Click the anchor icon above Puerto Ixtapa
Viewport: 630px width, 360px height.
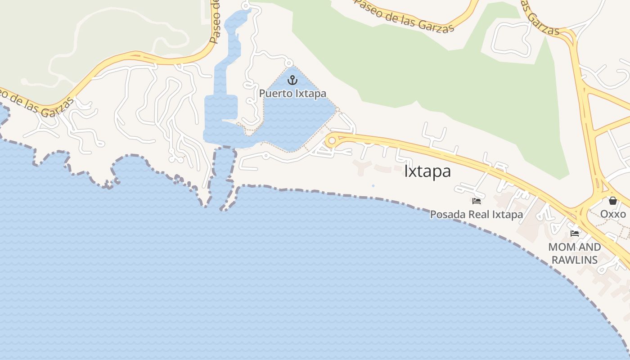[x=293, y=80]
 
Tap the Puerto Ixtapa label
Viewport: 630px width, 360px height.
[x=292, y=94]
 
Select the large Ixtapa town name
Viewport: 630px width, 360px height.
[x=427, y=171]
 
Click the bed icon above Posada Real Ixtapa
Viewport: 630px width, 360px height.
[x=477, y=201]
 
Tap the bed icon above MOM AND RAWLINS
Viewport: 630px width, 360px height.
[x=575, y=233]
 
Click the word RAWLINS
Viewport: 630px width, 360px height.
[x=575, y=260]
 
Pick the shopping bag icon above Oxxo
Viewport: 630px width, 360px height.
[x=612, y=200]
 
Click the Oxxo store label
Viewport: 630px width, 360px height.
[x=613, y=214]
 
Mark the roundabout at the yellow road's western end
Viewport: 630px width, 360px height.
[x=332, y=141]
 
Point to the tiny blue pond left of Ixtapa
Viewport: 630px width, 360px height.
[x=373, y=185]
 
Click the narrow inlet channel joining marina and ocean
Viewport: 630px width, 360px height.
[x=223, y=175]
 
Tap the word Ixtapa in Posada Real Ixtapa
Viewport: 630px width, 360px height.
[x=507, y=214]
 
